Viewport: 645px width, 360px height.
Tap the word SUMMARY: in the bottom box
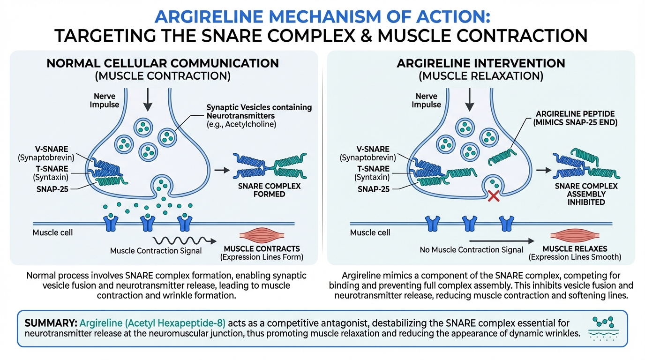point(51,323)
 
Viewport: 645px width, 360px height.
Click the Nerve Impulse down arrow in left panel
point(148,99)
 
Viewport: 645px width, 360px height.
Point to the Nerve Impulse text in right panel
point(427,101)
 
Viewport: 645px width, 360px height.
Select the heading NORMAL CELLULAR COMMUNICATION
point(163,63)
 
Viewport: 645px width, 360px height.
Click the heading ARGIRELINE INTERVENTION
point(481,63)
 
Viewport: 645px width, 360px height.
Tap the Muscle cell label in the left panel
point(53,232)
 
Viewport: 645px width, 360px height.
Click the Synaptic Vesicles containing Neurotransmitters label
point(259,115)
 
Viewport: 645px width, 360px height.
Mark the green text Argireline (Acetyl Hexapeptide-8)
point(153,323)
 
